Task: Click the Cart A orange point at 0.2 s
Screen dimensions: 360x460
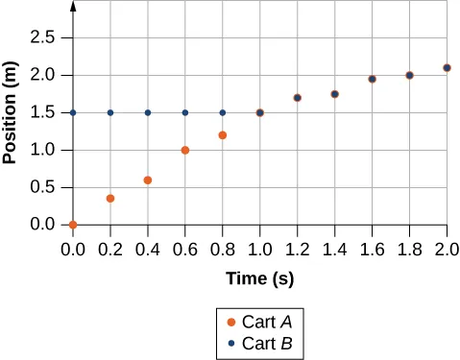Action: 110,199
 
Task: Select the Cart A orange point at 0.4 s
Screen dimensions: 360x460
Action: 148,180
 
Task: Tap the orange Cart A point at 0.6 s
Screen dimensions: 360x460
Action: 185,150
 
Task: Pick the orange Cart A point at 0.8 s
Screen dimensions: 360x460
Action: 223,135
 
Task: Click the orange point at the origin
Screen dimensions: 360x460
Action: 73,225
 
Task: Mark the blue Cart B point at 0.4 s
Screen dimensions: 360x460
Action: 148,112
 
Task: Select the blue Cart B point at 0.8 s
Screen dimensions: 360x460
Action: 223,112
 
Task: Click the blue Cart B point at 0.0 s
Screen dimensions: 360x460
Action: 73,112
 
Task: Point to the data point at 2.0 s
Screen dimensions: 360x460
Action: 447,67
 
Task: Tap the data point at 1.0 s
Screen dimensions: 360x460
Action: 259,112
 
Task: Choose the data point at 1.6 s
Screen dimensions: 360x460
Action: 372,79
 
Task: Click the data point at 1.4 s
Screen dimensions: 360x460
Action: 334,94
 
